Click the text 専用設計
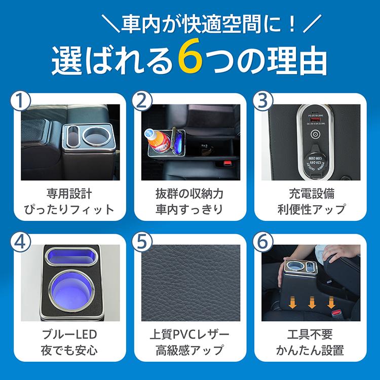pos(70,194)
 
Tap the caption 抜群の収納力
pos(189,194)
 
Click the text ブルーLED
pos(70,334)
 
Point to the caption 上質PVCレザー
pos(189,334)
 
